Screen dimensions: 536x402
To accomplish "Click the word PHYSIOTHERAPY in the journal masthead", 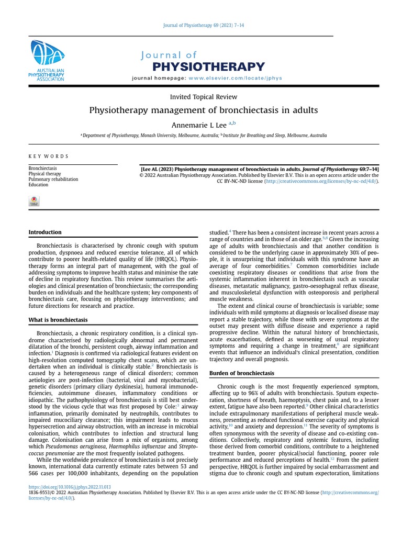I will (x=208, y=66).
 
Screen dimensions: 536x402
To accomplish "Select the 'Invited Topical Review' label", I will (x=204, y=97).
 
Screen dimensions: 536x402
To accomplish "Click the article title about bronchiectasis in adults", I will (x=204, y=110).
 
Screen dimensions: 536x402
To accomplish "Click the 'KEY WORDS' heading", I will (x=48, y=156).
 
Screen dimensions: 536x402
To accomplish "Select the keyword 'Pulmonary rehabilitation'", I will (x=53, y=179).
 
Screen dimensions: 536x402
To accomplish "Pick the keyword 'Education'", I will (x=38, y=185).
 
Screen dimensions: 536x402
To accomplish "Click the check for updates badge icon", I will (x=34, y=201).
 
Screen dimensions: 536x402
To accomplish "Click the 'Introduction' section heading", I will (x=44, y=232).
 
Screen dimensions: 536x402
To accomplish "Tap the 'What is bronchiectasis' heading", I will (x=58, y=319).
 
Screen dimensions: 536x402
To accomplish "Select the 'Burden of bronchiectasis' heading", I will (x=242, y=373).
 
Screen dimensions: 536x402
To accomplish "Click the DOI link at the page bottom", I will (x=70, y=487).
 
